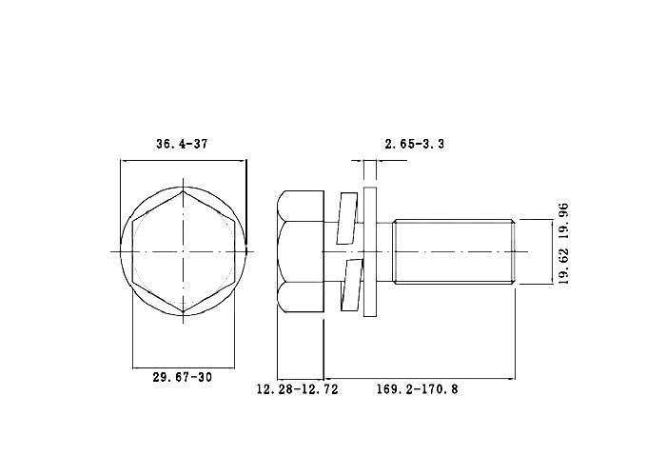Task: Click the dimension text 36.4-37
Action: tap(182, 144)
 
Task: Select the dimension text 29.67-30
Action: tap(183, 377)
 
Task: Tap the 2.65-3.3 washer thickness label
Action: tap(415, 144)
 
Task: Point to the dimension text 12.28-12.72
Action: tap(297, 388)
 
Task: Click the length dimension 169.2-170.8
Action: tap(417, 388)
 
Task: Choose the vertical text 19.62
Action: tap(563, 266)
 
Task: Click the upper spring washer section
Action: tap(347, 218)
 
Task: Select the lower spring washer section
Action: tap(351, 285)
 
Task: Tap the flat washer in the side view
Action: tap(370, 251)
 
